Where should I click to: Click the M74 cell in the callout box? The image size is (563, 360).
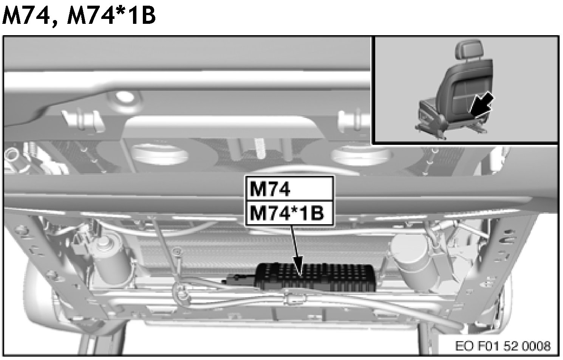click(x=289, y=189)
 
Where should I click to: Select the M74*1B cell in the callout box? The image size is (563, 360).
click(x=289, y=213)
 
